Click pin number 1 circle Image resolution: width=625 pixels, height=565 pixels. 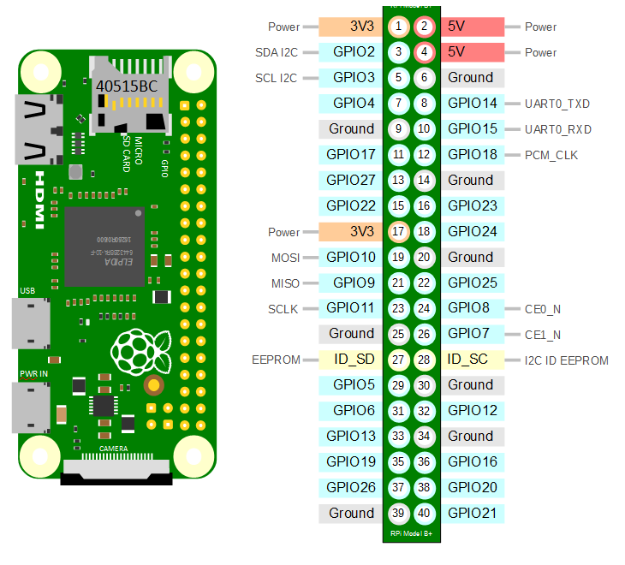398,27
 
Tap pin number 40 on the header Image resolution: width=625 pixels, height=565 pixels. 424,513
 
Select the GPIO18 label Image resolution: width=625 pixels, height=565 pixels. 472,155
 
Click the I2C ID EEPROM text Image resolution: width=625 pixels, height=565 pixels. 566,360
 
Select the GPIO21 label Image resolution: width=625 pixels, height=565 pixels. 472,513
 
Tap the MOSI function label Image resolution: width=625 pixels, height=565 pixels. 286,258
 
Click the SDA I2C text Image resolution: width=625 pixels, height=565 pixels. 277,52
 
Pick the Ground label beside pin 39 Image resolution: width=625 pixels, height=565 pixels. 351,513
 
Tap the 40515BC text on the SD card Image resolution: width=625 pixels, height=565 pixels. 127,86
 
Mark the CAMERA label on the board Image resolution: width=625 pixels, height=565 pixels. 114,449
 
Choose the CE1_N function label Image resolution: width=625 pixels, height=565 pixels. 543,335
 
